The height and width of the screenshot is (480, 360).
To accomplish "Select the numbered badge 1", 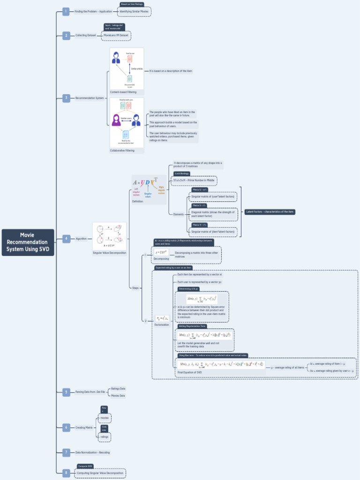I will (x=67, y=11).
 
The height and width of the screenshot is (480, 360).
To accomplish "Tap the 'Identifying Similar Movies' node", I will (x=134, y=11).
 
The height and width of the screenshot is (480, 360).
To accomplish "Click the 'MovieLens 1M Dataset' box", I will (x=116, y=35).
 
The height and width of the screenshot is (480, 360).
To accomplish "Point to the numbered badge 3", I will (x=67, y=98).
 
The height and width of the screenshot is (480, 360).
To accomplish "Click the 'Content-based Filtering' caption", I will (x=123, y=92).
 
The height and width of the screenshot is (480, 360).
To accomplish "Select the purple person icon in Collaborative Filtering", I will (x=116, y=120).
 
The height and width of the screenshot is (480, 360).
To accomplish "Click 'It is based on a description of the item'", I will (x=171, y=71).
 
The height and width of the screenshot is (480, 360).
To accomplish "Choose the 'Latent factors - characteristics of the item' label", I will (x=270, y=212).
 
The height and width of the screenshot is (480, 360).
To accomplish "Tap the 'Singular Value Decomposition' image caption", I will (x=109, y=253).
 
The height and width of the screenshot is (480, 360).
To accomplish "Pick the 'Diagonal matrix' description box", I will (x=213, y=214).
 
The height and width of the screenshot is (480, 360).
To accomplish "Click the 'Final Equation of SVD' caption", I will (x=190, y=372).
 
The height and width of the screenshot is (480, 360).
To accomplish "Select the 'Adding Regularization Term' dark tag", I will (x=192, y=326).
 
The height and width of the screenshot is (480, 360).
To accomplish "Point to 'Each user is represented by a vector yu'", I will (x=200, y=282).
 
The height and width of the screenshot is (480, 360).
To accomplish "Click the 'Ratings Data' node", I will (x=118, y=389).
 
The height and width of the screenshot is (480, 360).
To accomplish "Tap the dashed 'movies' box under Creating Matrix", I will (x=105, y=417).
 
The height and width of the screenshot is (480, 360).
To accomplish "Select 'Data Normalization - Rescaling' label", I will (x=93, y=452).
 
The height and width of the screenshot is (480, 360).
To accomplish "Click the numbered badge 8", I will (x=67, y=472).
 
